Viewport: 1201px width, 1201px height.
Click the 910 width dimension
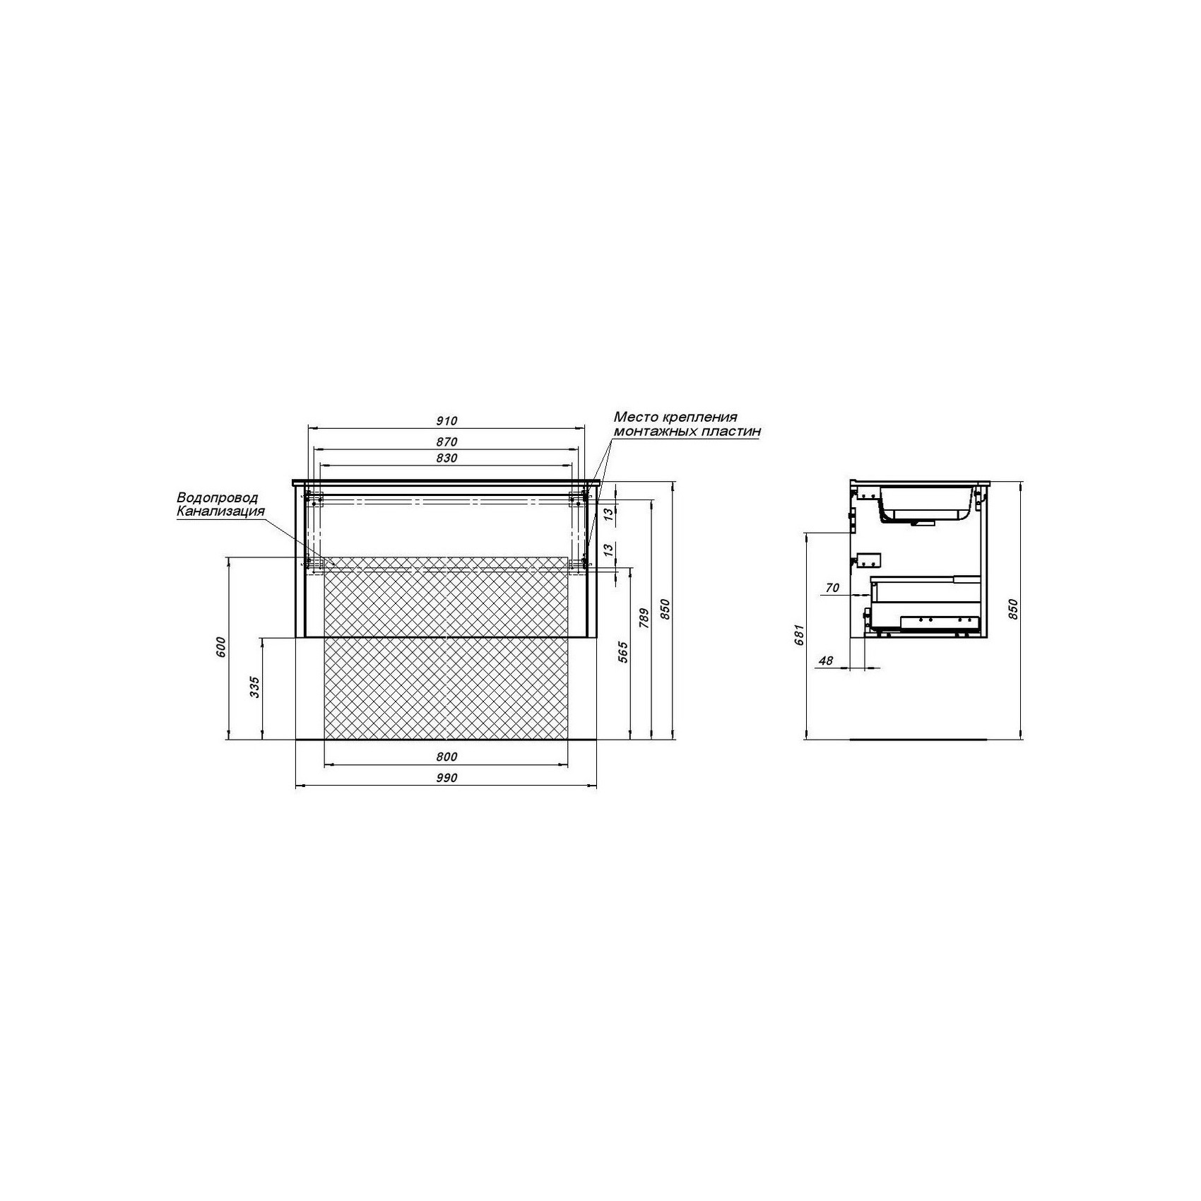pyautogui.click(x=446, y=421)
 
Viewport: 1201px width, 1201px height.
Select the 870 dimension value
pyautogui.click(x=446, y=442)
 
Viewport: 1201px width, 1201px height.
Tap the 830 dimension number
pyautogui.click(x=446, y=458)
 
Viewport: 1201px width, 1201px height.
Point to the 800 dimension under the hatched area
pyautogui.click(x=446, y=757)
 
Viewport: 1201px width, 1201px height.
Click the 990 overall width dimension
pyautogui.click(x=446, y=778)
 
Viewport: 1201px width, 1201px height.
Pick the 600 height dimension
pyautogui.click(x=220, y=647)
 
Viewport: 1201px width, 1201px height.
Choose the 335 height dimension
pyautogui.click(x=255, y=687)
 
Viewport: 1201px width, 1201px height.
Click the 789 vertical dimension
pyautogui.click(x=644, y=618)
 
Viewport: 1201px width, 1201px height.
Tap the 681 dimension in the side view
pyautogui.click(x=799, y=635)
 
